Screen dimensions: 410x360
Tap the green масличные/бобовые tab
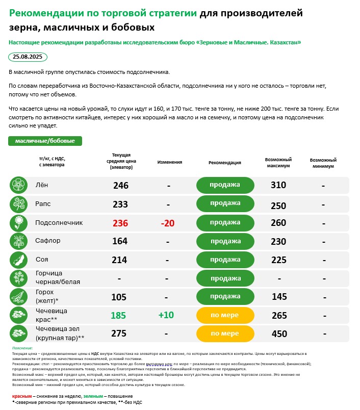coord(45,141)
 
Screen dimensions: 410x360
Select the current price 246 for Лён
coord(121,185)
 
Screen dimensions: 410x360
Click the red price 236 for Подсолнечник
coord(121,223)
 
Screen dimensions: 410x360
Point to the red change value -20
coord(168,223)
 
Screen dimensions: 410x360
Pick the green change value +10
coord(166,315)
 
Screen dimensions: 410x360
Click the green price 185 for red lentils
coord(118,315)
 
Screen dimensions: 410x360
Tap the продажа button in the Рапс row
coord(225,203)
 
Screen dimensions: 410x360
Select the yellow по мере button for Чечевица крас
coord(225,315)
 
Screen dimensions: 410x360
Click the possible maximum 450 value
coord(279,334)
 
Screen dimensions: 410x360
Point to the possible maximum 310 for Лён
coord(278,185)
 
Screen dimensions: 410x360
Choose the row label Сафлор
coord(48,241)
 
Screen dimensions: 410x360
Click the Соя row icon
coord(18,260)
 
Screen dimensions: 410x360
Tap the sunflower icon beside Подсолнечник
coord(18,223)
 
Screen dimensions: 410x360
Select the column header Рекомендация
coord(225,163)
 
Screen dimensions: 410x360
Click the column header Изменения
coord(170,162)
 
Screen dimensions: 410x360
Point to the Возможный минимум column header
coord(323,163)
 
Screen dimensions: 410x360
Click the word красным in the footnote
coord(22,396)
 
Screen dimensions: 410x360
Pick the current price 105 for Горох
coord(118,297)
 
